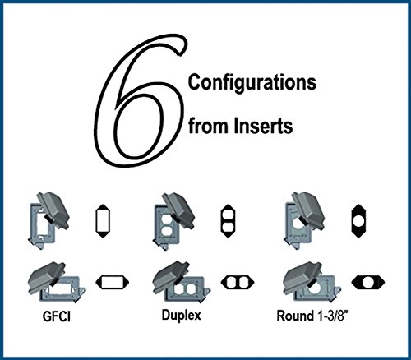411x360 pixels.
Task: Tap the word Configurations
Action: (252, 83)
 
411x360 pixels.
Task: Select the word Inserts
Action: (263, 126)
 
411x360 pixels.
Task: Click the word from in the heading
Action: (209, 126)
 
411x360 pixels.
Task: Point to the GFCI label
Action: (57, 316)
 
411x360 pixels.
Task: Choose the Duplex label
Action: (182, 316)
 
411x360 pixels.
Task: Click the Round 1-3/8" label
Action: (312, 316)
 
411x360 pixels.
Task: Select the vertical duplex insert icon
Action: (228, 221)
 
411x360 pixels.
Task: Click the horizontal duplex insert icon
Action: (238, 282)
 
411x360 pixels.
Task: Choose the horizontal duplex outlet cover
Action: (182, 283)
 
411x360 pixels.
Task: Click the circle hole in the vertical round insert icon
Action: (358, 221)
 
